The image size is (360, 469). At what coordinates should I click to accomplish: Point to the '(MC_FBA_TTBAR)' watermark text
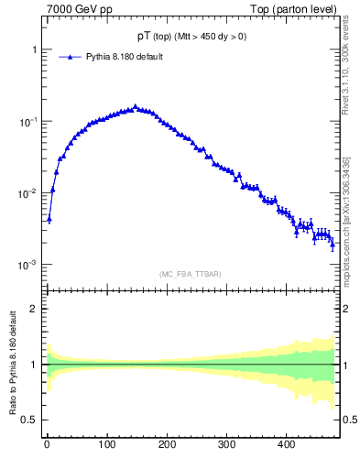point(190,274)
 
